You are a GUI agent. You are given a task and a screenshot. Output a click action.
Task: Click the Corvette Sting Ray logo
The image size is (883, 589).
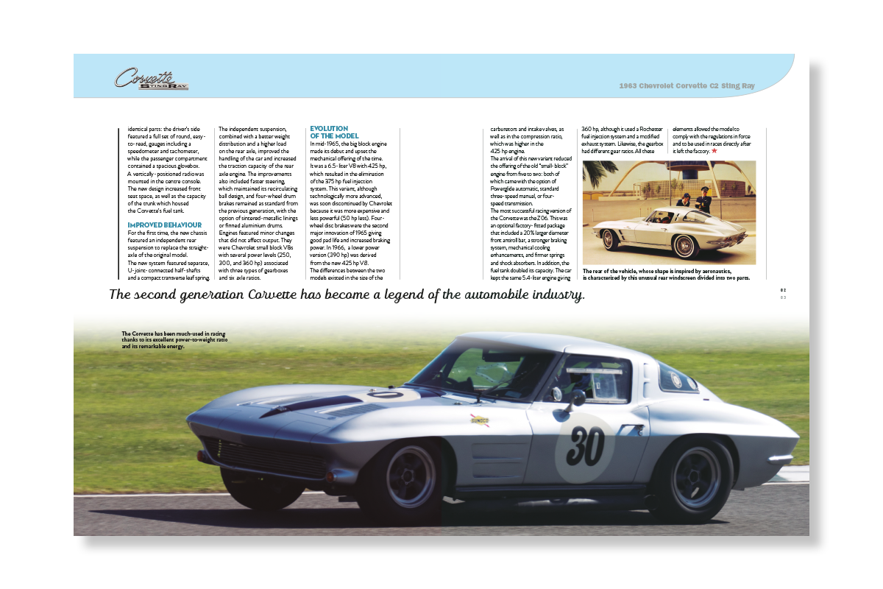[151, 79]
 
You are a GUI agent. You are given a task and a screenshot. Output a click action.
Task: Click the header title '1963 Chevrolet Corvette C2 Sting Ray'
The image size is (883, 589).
[687, 86]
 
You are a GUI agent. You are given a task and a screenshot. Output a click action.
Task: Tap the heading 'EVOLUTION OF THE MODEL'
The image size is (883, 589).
[334, 132]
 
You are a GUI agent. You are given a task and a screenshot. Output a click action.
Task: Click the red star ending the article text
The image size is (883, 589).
[714, 150]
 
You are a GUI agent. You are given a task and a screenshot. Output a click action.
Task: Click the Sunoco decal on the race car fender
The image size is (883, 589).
[480, 420]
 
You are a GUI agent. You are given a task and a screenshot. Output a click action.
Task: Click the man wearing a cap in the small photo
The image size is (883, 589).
[704, 199]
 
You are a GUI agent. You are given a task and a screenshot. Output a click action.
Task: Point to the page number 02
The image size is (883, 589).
[783, 291]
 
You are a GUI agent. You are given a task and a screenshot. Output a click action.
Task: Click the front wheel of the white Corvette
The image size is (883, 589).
[609, 239]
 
